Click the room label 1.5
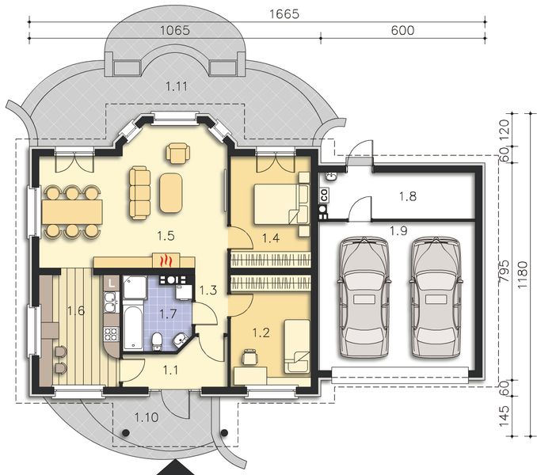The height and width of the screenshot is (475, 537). click(x=165, y=235)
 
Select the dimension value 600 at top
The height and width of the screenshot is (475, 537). click(x=403, y=31)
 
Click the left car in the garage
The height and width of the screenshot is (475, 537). click(x=364, y=299)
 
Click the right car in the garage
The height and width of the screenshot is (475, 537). click(x=436, y=299)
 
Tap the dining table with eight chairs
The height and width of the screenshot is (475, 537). click(x=72, y=211)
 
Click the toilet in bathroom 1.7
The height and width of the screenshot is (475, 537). click(x=159, y=341)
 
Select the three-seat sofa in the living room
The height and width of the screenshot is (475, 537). click(x=140, y=192)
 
